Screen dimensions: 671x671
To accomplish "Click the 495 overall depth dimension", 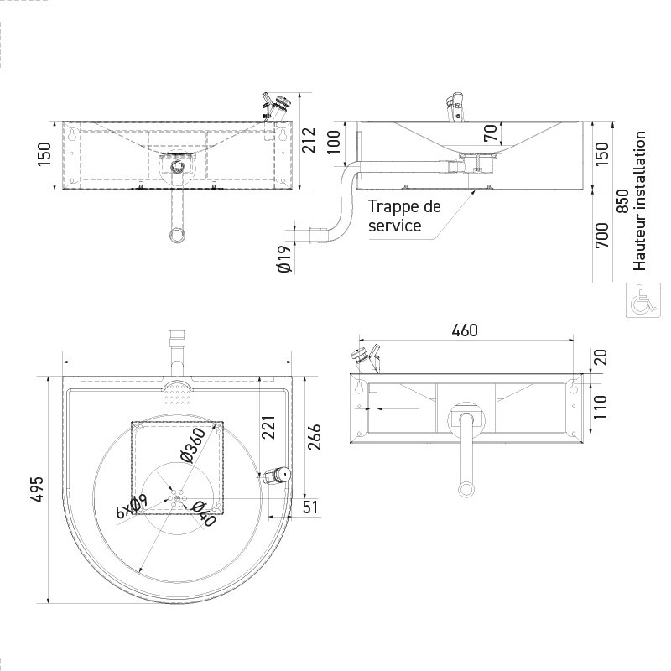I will pos(36,489).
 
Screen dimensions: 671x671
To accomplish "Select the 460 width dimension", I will pos(464,330).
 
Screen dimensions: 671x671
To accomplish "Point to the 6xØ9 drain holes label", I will pos(132,507).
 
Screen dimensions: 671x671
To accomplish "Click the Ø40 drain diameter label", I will pos(203,512).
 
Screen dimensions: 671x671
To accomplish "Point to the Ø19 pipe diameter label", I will pos(283,258).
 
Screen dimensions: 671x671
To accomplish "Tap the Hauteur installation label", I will pos(640,200).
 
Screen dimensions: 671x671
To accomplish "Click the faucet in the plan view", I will pos(276,476).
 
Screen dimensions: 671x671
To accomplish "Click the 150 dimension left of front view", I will pos(44,153).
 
